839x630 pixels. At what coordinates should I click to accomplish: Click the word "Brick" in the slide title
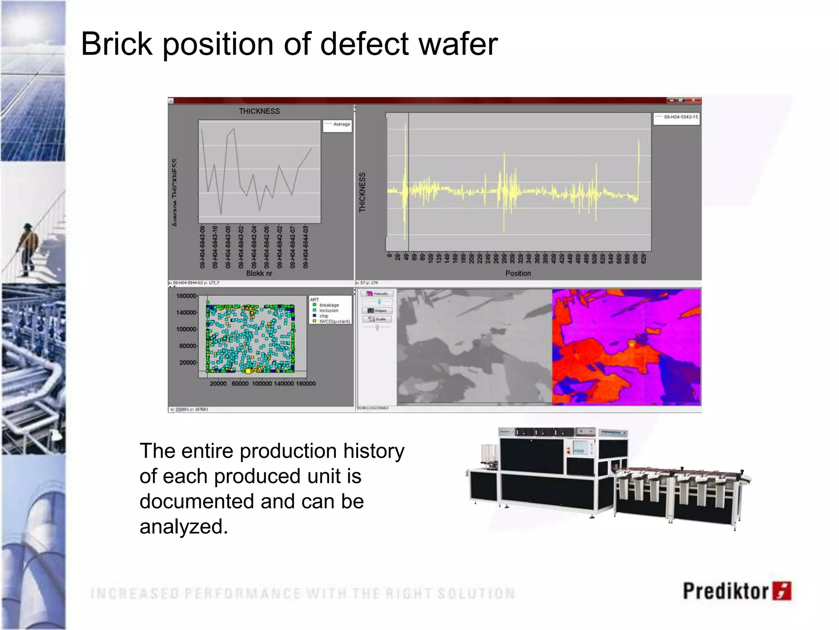click(117, 44)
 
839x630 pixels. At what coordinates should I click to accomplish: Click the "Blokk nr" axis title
click(259, 273)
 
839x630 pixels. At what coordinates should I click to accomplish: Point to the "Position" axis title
click(518, 273)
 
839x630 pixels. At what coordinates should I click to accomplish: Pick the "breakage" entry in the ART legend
click(329, 305)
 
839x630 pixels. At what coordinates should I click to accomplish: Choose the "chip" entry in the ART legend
click(324, 316)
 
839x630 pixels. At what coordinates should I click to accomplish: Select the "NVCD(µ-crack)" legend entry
click(334, 322)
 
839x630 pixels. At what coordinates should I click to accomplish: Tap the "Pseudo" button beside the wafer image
click(377, 294)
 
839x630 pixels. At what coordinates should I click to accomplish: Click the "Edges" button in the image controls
click(377, 310)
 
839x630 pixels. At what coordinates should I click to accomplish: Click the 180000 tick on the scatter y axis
click(186, 296)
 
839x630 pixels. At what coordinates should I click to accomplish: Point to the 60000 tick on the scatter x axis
click(240, 383)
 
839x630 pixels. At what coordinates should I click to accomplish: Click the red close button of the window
click(693, 100)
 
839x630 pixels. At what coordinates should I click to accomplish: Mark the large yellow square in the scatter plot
click(248, 371)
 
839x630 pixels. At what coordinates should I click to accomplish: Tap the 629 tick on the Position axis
click(644, 258)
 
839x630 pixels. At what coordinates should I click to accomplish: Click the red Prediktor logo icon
click(782, 591)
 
